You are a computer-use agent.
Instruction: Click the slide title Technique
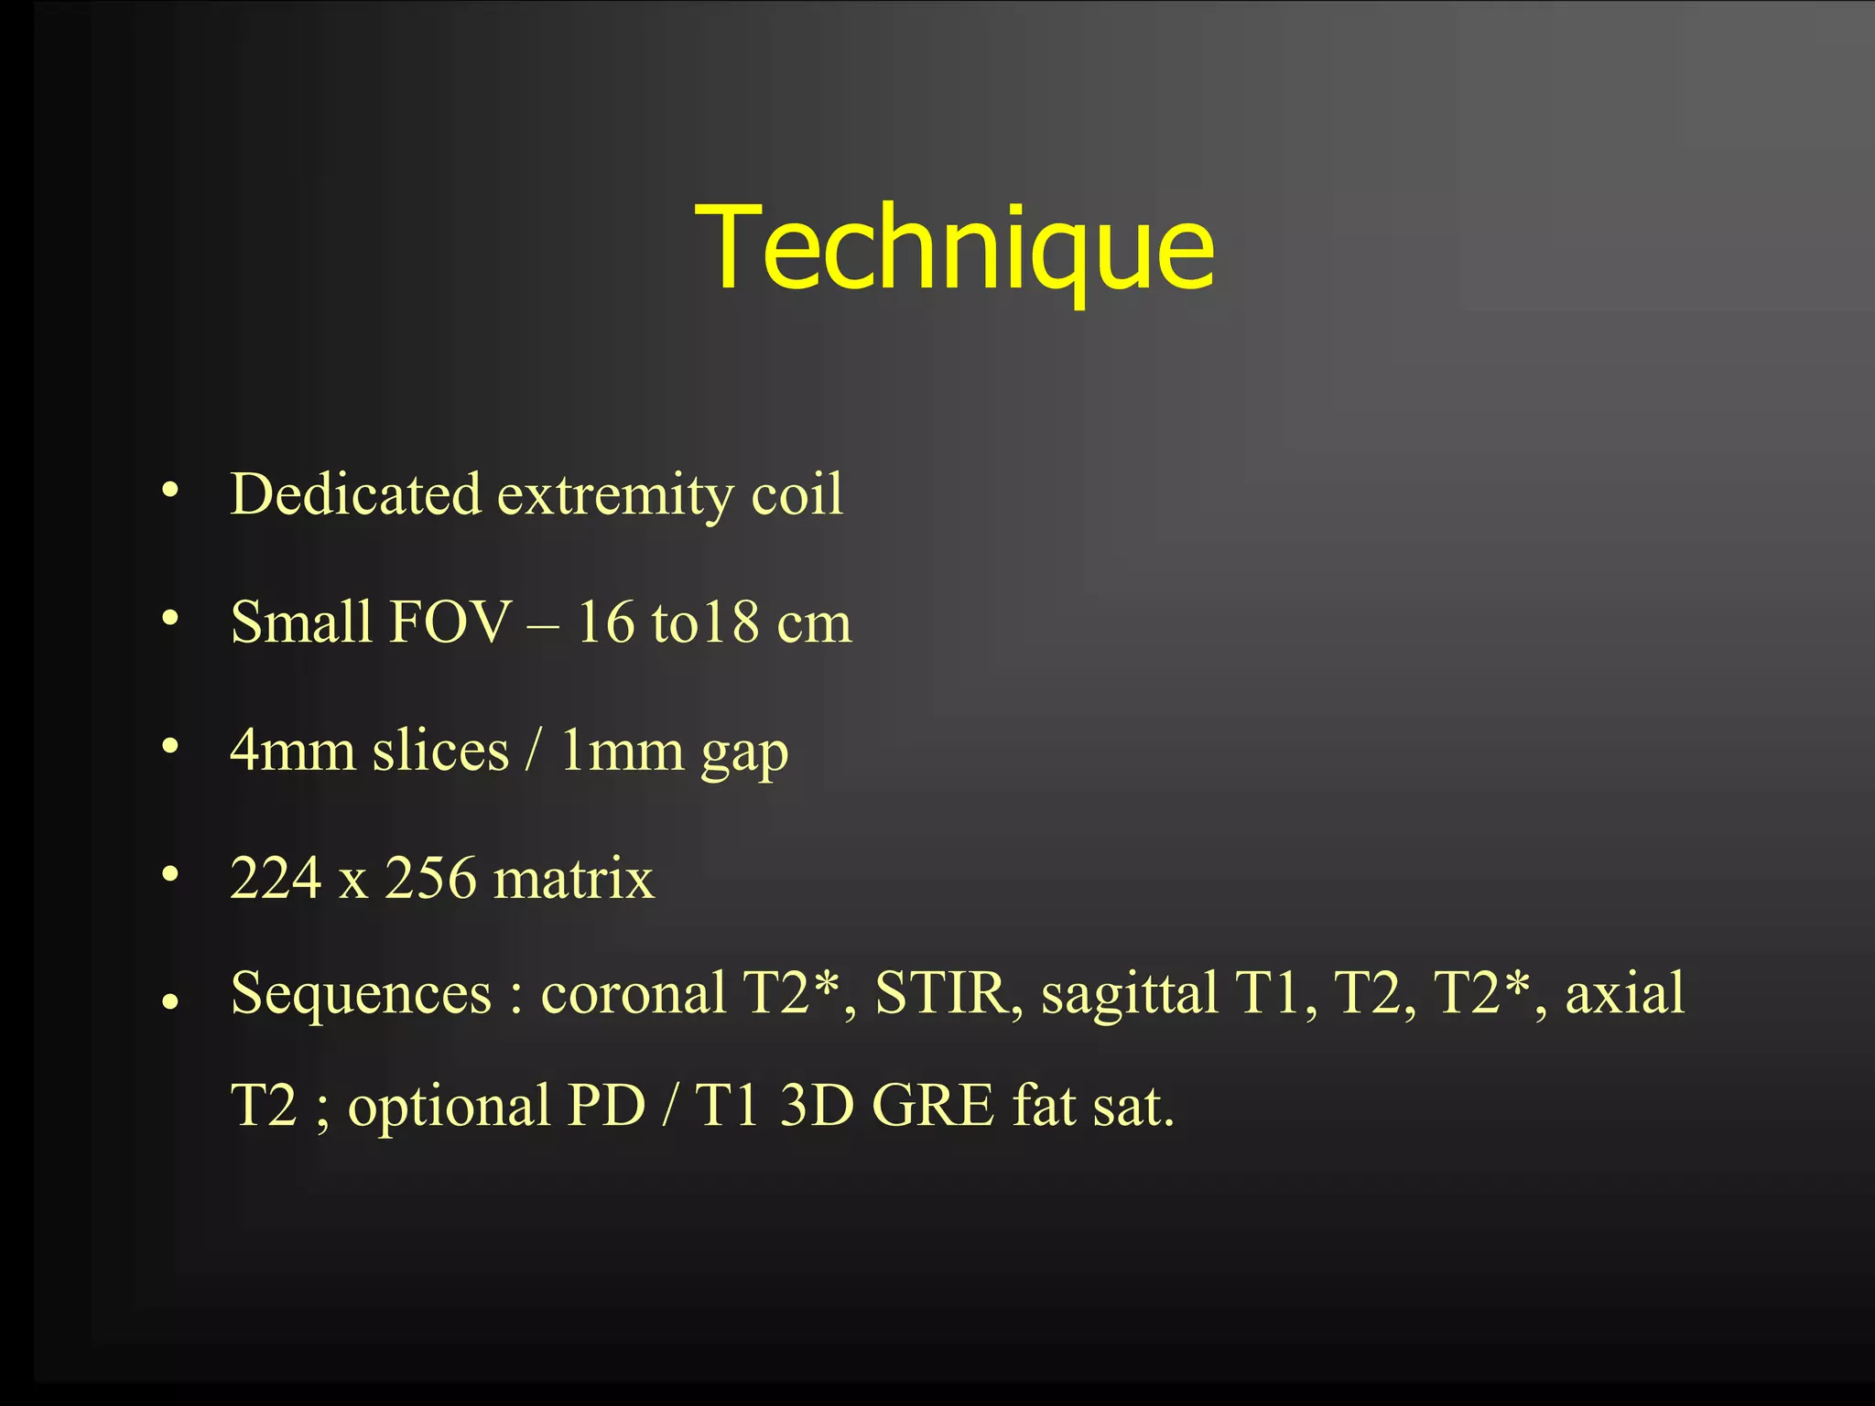(x=954, y=249)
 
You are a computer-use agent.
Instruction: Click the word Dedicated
(x=355, y=494)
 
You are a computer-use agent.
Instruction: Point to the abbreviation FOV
(x=449, y=622)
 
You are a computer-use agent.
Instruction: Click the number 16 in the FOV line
(x=605, y=622)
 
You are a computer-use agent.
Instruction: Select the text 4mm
(x=292, y=751)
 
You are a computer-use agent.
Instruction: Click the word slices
(x=440, y=751)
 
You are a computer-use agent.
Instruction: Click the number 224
(x=276, y=879)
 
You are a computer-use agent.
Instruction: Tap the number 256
(x=430, y=879)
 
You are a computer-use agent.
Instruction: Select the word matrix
(x=574, y=879)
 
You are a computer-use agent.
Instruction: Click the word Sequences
(x=361, y=992)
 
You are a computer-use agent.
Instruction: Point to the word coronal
(x=634, y=992)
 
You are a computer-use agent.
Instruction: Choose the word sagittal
(x=1130, y=992)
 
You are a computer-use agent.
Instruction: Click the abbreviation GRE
(x=933, y=1106)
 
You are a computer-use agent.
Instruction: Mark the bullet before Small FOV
(x=169, y=620)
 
